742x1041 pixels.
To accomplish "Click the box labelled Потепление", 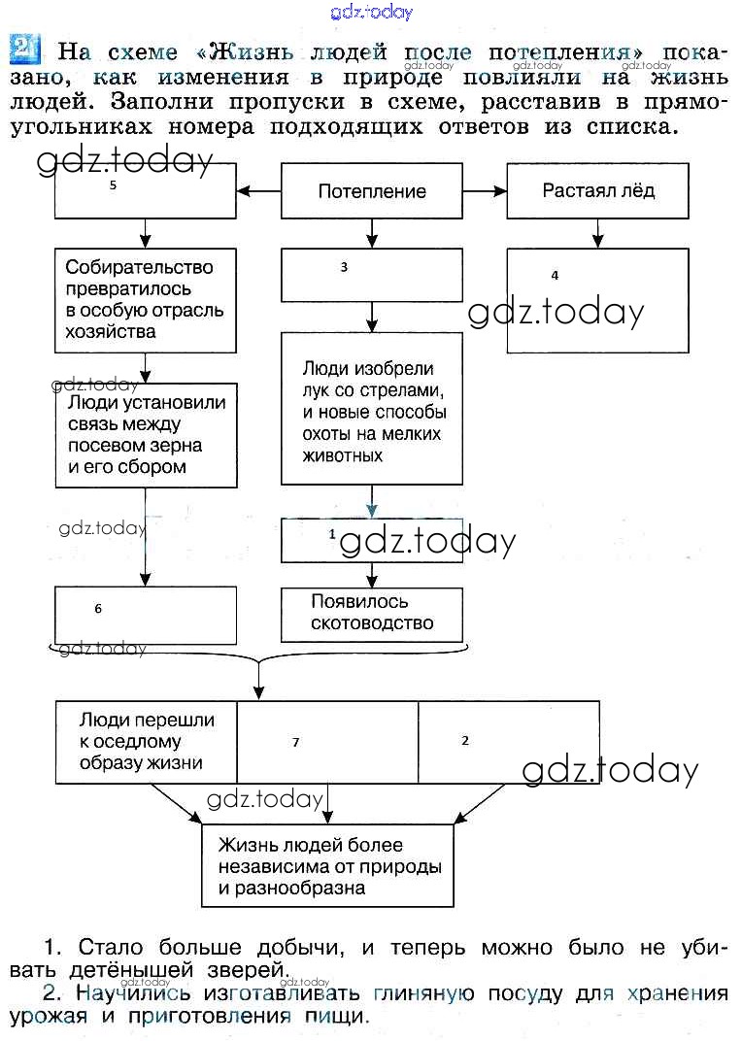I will tap(371, 190).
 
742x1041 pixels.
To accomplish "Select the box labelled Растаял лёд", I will tap(597, 190).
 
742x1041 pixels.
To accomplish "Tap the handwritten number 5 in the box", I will tap(113, 185).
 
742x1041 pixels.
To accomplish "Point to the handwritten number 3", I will tap(344, 267).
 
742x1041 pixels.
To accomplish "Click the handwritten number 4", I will tap(555, 276).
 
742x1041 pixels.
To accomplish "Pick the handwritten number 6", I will tap(98, 609).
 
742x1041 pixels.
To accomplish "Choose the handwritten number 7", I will tap(295, 743).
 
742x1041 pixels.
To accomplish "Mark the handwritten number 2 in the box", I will tap(465, 740).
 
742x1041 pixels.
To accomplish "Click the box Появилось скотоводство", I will tap(371, 614).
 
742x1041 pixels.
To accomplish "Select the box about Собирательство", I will tap(146, 299).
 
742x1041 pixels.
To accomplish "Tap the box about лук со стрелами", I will tap(371, 409).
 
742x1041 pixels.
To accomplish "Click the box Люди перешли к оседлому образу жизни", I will tap(146, 742).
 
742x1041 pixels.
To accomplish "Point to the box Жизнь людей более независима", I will tap(327, 864).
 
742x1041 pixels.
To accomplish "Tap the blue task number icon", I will tap(24, 48).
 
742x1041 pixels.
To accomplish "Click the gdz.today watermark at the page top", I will tap(371, 12).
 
